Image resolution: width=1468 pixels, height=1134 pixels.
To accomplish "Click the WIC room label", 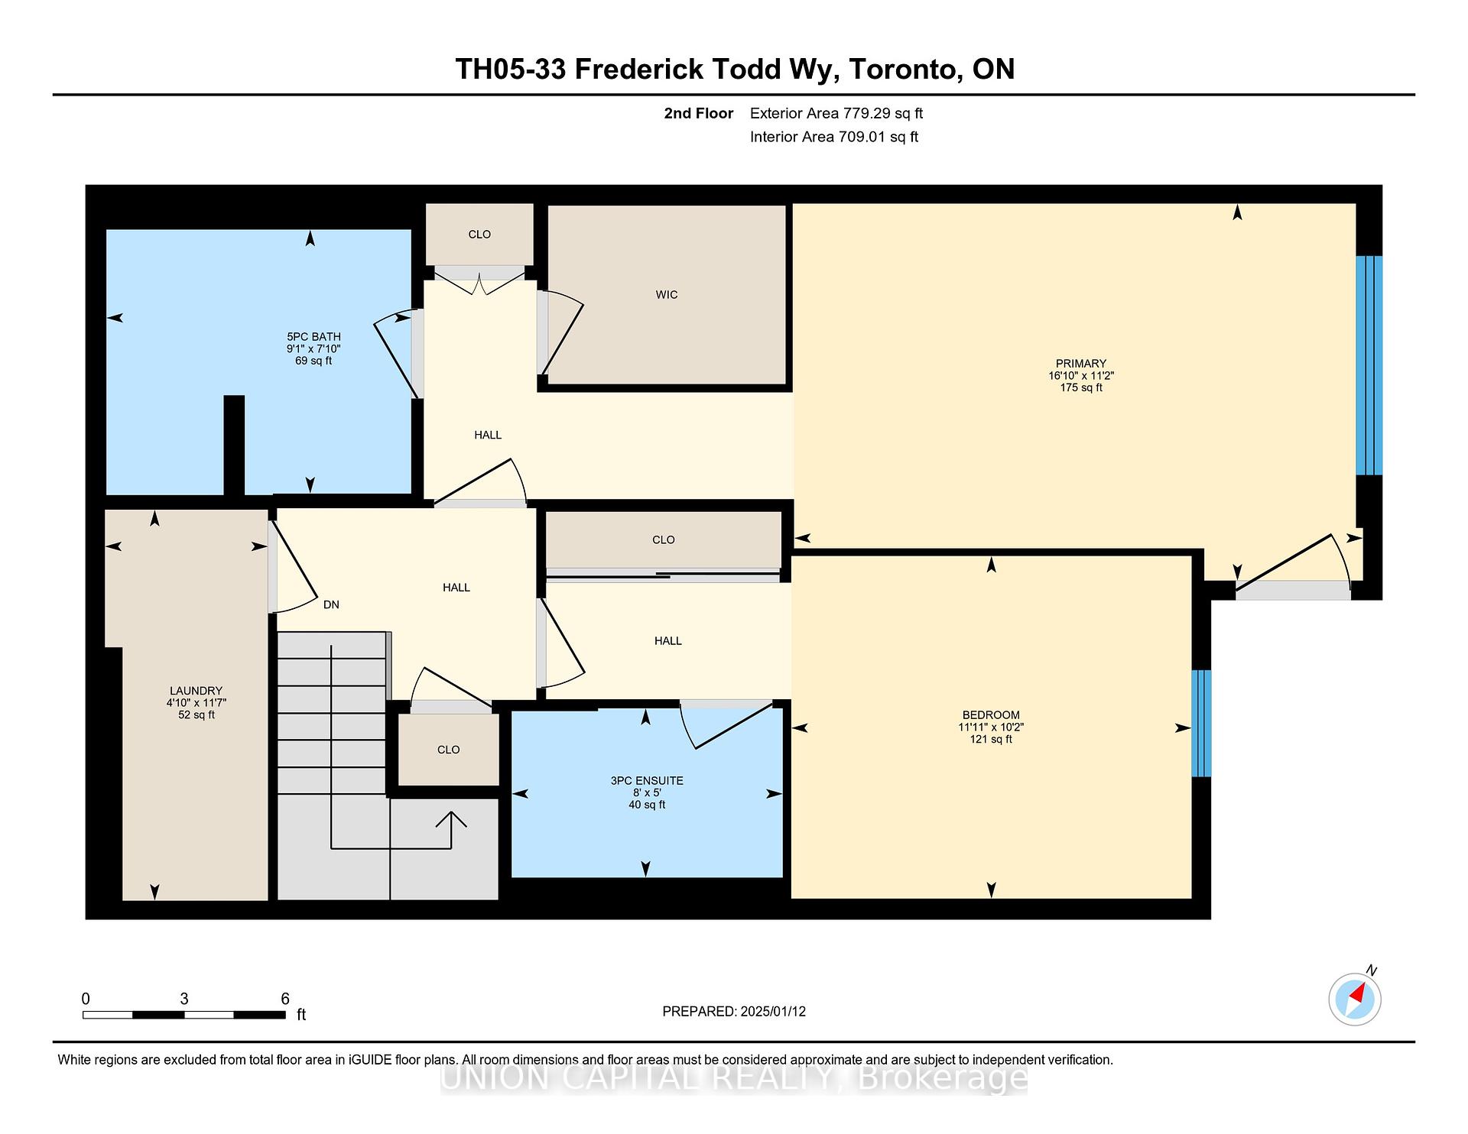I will pyautogui.click(x=666, y=295).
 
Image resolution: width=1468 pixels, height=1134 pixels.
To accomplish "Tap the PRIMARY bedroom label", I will pyautogui.click(x=1080, y=364).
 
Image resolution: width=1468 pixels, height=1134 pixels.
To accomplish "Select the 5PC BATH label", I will pyautogui.click(x=313, y=337).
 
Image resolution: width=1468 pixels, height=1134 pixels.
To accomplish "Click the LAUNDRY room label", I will pyautogui.click(x=196, y=691).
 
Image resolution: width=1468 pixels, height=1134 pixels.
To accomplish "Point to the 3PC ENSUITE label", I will pyautogui.click(x=647, y=781).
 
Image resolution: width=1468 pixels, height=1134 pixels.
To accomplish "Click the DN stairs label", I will pyautogui.click(x=331, y=604).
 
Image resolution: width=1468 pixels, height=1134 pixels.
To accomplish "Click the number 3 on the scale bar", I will pyautogui.click(x=184, y=999).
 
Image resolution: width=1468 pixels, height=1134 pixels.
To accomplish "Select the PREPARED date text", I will pyautogui.click(x=734, y=1012).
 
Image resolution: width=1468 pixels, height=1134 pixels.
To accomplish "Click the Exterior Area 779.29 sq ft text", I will pyautogui.click(x=836, y=114).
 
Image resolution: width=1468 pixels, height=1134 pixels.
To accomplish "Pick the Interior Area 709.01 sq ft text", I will pyautogui.click(x=833, y=138).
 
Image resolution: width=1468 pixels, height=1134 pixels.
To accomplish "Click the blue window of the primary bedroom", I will pyautogui.click(x=1369, y=365).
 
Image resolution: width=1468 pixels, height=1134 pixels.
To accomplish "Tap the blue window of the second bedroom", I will pyautogui.click(x=1201, y=723).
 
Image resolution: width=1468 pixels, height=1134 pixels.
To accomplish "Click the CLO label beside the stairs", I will pyautogui.click(x=448, y=750).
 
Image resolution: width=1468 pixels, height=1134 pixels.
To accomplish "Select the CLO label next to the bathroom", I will pyautogui.click(x=479, y=235).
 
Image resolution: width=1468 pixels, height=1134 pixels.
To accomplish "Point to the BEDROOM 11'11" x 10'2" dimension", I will pyautogui.click(x=991, y=727).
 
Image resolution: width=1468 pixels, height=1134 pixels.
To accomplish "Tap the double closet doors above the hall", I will pyautogui.click(x=479, y=285).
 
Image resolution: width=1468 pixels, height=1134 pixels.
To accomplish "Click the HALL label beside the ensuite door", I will pyautogui.click(x=667, y=641).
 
